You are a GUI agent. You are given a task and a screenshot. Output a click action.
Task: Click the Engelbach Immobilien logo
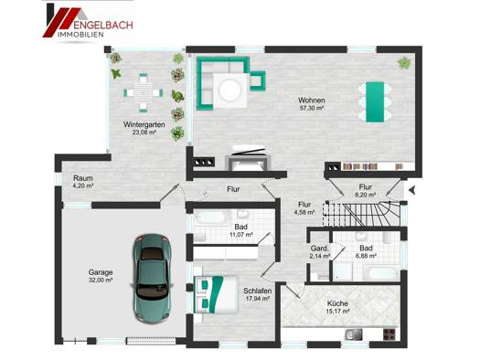tap(88, 21)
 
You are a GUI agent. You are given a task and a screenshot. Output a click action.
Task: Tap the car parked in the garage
tap(152, 279)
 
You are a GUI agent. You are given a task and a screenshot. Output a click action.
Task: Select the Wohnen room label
tap(312, 100)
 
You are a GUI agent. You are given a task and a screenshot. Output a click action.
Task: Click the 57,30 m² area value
tap(312, 108)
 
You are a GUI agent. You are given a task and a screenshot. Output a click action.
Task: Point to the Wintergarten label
tap(144, 124)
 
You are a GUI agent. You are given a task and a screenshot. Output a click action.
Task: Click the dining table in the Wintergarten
tap(144, 92)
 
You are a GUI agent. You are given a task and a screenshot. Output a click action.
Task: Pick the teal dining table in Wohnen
tap(375, 101)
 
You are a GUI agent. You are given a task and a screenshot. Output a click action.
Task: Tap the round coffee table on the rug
tap(230, 90)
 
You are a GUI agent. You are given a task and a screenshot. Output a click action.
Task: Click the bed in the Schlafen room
tap(216, 294)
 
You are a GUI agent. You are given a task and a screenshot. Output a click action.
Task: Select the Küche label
tap(337, 303)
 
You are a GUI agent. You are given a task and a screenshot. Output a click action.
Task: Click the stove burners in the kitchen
tap(390, 334)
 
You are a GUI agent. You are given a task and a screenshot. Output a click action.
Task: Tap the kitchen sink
tap(354, 334)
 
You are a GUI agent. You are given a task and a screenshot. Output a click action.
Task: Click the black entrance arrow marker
tap(411, 190)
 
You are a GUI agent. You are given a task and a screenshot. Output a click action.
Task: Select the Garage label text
tap(101, 272)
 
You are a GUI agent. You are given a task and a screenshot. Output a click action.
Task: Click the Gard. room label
tap(319, 248)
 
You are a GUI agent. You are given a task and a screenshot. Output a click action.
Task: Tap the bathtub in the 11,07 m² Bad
tap(210, 217)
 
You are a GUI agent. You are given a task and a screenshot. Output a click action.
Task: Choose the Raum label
tap(83, 178)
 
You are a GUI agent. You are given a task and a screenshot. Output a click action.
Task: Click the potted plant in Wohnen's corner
tap(404, 63)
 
